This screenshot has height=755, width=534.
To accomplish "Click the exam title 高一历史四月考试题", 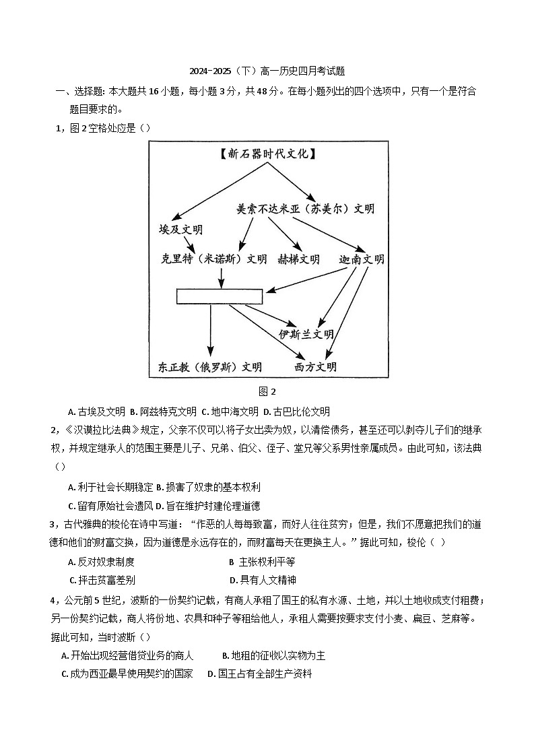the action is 267,71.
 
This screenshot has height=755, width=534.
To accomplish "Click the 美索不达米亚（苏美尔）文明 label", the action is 305,209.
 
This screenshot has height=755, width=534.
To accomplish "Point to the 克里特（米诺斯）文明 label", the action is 213,259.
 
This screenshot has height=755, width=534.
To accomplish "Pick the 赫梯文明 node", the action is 298,259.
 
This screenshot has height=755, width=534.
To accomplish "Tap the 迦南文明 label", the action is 362,259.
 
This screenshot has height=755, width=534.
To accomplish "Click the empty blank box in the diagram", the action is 220,296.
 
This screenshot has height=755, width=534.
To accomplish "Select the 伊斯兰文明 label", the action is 306,334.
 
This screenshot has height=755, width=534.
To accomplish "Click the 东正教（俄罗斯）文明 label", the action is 209,367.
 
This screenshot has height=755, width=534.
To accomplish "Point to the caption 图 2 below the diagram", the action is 267,391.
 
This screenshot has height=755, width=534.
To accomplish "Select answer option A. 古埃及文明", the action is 97,412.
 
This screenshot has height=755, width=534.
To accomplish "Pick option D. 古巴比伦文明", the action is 296,412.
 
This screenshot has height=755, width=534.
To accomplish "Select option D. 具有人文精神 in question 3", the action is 263,579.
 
